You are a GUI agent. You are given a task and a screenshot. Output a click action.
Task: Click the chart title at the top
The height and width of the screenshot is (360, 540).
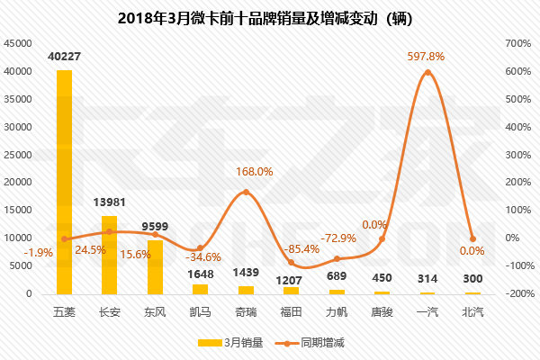click(x=270, y=18)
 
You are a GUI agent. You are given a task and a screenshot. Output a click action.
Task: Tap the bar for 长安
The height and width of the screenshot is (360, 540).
click(x=109, y=255)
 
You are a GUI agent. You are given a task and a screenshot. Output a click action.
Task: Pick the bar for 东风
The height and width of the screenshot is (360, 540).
click(x=155, y=267)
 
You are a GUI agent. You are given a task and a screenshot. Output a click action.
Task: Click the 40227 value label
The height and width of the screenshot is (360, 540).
click(x=64, y=58)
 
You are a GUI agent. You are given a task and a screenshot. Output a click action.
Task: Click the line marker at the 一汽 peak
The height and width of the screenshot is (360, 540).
click(x=427, y=72)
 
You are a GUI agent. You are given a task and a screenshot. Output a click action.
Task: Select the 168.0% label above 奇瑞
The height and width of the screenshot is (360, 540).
click(x=254, y=171)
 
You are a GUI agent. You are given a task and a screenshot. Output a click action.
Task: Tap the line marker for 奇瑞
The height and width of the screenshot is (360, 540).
click(x=246, y=193)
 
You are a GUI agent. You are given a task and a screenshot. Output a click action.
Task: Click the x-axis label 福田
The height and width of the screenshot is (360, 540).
click(x=291, y=311)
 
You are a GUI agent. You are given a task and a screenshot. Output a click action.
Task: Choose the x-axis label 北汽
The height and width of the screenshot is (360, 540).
click(x=472, y=311)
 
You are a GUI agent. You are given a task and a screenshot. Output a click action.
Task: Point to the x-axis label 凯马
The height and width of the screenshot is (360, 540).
click(x=200, y=311)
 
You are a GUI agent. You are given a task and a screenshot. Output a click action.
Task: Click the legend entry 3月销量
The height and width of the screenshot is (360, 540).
click(x=229, y=343)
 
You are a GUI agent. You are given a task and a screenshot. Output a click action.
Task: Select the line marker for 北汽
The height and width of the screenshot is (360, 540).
click(x=472, y=238)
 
